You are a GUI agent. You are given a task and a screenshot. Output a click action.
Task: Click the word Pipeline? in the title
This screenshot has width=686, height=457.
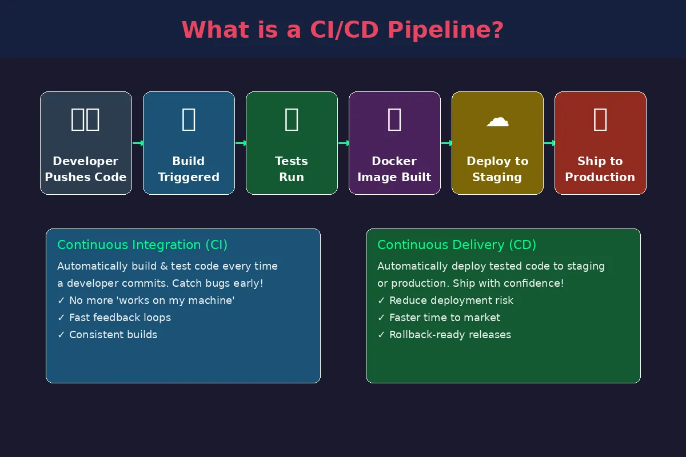445,30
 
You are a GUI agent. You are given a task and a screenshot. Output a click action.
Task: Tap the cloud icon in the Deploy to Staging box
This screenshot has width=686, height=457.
497,122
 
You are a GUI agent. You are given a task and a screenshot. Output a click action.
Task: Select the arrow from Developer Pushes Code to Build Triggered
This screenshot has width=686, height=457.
138,143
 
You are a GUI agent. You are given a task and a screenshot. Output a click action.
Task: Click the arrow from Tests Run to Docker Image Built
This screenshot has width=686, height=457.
344,143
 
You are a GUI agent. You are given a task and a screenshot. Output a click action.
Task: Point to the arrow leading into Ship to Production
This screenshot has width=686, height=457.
549,143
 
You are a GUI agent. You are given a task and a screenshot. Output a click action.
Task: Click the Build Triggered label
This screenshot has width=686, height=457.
189,169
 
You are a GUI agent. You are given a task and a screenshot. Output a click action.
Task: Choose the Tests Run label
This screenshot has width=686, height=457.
292,169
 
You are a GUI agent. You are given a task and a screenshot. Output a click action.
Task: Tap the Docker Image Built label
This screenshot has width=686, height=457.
394,169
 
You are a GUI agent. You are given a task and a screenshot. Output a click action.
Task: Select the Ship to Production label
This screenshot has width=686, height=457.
600,169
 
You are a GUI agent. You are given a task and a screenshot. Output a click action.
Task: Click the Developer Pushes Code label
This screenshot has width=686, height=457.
86,169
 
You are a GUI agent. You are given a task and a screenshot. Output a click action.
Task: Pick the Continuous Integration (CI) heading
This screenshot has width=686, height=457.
142,245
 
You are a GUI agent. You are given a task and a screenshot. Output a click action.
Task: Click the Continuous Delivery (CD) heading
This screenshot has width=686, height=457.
457,245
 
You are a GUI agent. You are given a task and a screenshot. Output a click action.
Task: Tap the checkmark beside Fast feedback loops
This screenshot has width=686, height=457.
61,318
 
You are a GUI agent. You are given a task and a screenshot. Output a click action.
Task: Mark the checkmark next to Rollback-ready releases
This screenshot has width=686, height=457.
381,335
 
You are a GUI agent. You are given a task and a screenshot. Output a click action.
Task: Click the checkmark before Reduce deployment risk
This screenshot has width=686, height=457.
381,300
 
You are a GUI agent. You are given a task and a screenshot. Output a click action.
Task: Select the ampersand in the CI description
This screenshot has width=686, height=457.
164,266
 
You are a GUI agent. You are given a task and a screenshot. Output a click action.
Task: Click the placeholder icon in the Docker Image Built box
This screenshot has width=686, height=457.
394,119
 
